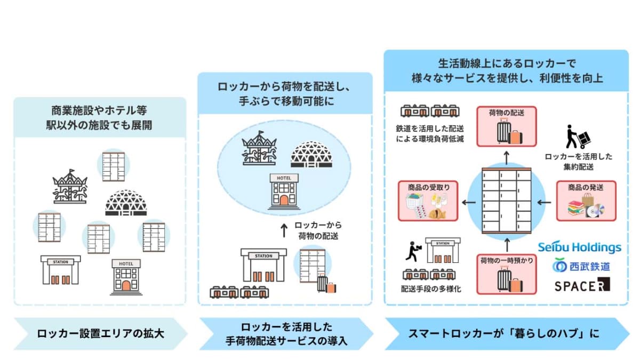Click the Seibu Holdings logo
pyautogui.click(x=579, y=247)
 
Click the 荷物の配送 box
pyautogui.click(x=507, y=126)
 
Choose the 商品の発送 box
pyautogui.click(x=586, y=201)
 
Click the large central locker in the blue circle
pyautogui.click(x=507, y=201)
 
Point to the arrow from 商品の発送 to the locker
pyautogui.click(x=543, y=202)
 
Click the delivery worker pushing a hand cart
pyautogui.click(x=576, y=137)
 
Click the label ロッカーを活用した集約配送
pyautogui.click(x=579, y=162)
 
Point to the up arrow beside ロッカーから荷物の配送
pyautogui.click(x=284, y=230)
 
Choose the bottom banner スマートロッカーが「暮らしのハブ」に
pyautogui.click(x=503, y=334)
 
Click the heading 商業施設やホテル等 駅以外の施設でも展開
pyautogui.click(x=100, y=118)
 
